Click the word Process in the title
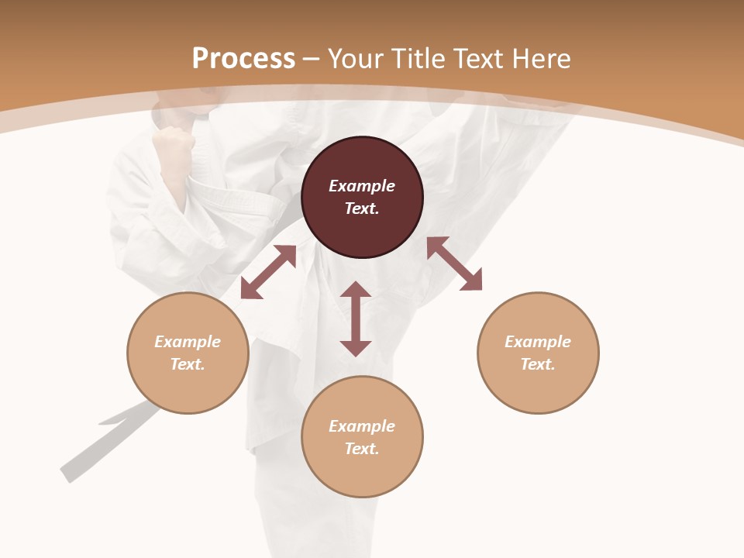tap(243, 59)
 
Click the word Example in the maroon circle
tap(362, 186)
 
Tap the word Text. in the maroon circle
tap(362, 208)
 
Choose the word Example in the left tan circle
tap(188, 342)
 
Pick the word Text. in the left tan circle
tap(188, 364)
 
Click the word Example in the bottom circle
tap(362, 426)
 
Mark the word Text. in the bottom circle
tap(362, 449)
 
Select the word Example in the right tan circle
tap(538, 342)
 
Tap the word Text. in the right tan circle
tap(538, 364)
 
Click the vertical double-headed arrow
tap(356, 319)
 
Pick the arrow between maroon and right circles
tap(454, 263)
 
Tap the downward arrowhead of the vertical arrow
tap(356, 348)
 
